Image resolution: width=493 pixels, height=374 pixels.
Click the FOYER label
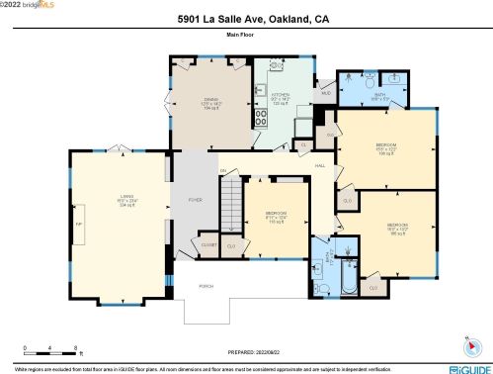point(195,200)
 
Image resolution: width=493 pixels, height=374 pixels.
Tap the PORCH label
point(206,286)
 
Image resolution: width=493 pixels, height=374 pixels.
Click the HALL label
point(319,165)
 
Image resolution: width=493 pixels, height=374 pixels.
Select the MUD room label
point(324,95)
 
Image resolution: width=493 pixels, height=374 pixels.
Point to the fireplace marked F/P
point(79,224)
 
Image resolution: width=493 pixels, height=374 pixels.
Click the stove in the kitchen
point(263,118)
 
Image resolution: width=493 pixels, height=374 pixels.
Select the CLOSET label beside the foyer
point(208,242)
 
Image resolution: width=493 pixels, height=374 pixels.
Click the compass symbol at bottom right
point(468,346)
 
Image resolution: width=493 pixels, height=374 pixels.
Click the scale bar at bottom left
point(49,352)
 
